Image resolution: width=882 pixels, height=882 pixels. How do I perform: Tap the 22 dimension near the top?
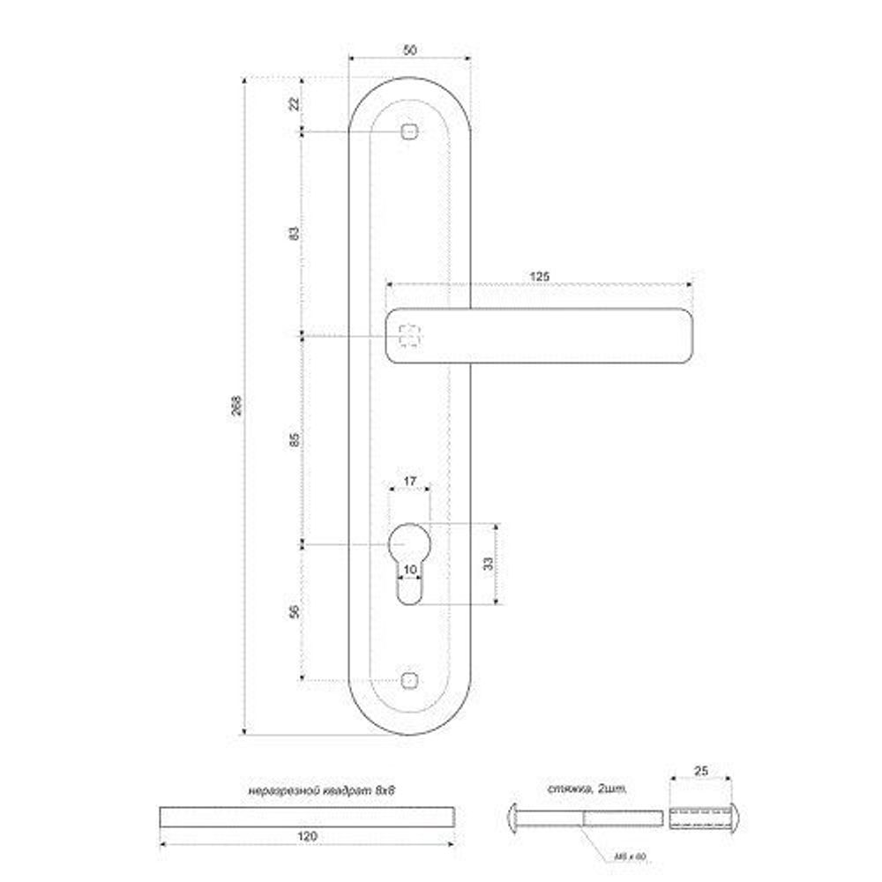pyautogui.click(x=295, y=104)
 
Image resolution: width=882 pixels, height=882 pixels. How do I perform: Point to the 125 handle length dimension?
pyautogui.click(x=539, y=276)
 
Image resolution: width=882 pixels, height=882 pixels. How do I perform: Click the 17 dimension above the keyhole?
pyautogui.click(x=408, y=481)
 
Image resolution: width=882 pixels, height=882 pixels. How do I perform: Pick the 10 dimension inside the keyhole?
pyautogui.click(x=408, y=571)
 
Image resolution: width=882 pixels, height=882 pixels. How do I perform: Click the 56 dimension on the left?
pyautogui.click(x=295, y=611)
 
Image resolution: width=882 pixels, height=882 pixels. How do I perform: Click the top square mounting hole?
pyautogui.click(x=407, y=132)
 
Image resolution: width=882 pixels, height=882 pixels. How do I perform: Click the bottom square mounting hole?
pyautogui.click(x=407, y=680)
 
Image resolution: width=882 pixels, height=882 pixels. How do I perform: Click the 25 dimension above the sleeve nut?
pyautogui.click(x=702, y=771)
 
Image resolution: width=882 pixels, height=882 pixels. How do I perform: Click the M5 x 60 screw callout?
pyautogui.click(x=624, y=855)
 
